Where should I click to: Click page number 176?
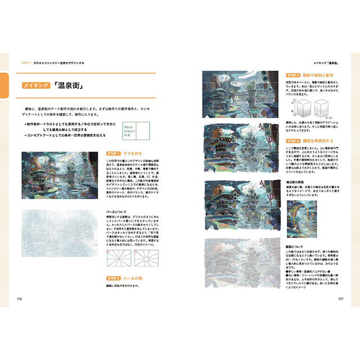20,298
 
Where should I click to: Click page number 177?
340,298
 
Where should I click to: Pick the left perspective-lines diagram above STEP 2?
118,260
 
